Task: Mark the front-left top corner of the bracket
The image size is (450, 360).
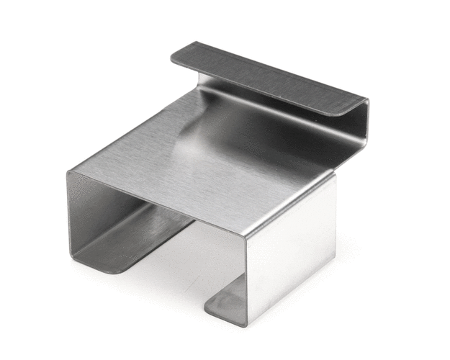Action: point(69,173)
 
